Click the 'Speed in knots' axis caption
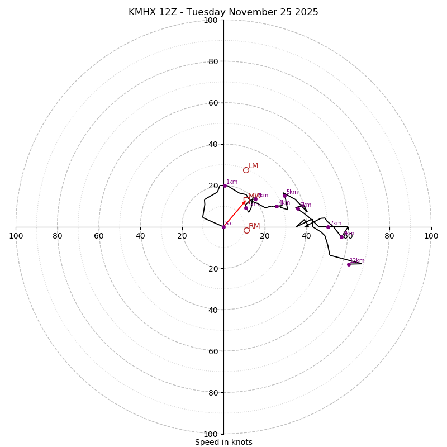click(x=223, y=442)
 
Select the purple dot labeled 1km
click(x=225, y=186)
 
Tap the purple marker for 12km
click(x=349, y=264)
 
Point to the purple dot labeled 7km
click(x=328, y=227)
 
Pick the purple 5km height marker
click(x=284, y=196)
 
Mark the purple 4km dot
click(x=277, y=206)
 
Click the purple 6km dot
click(x=298, y=208)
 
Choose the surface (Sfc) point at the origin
click(x=223, y=227)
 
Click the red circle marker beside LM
click(x=246, y=170)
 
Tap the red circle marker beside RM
click(x=246, y=230)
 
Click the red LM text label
click(x=253, y=166)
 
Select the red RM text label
click(x=254, y=226)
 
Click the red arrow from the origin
click(x=235, y=214)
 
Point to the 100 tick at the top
click(x=211, y=20)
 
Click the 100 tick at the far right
click(x=431, y=236)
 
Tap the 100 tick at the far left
click(x=16, y=236)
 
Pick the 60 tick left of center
click(x=99, y=236)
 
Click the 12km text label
click(x=357, y=261)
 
